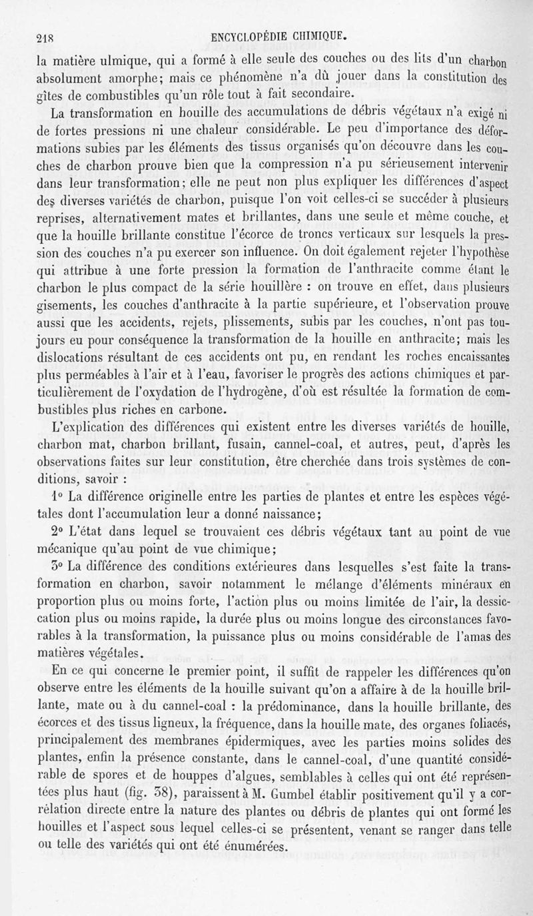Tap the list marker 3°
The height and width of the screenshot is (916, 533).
tap(57, 568)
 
